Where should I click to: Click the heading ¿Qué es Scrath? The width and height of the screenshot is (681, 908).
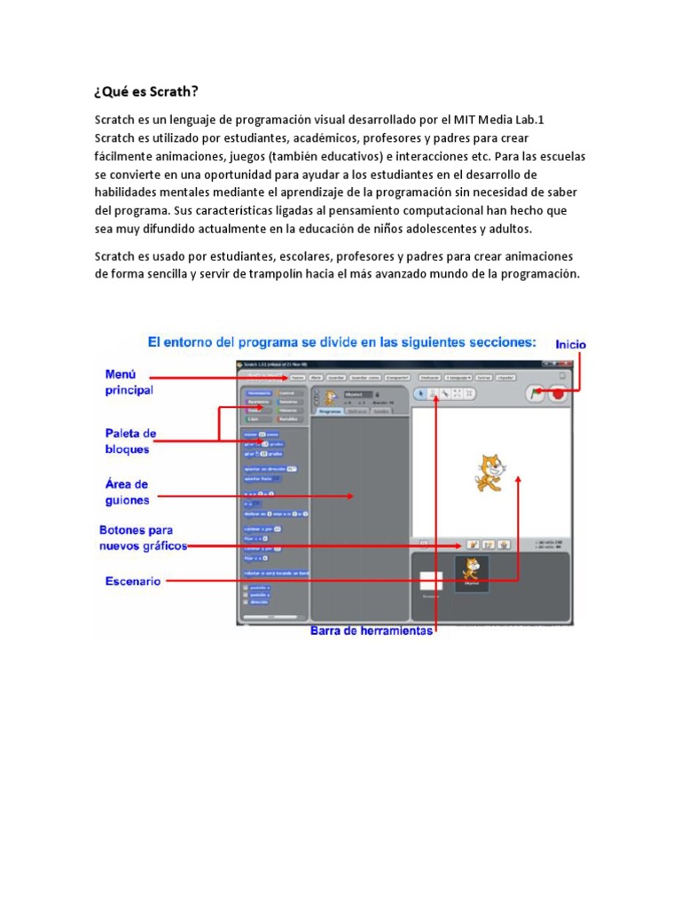pos(146,91)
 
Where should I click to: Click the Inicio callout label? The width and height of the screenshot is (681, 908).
pos(570,344)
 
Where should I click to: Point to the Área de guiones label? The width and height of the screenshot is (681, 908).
pos(128,492)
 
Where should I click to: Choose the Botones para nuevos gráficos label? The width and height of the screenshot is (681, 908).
pos(143,538)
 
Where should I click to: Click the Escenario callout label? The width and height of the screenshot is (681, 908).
pos(133,582)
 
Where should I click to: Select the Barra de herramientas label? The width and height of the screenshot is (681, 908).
pos(372,630)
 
